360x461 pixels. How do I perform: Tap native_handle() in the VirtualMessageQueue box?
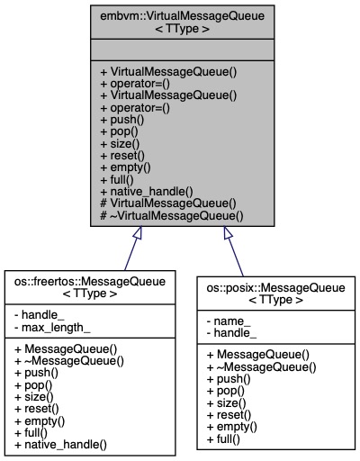click(145, 192)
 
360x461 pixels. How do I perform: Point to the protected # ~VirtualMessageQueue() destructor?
click(171, 216)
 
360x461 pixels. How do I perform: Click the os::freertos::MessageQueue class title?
click(88, 288)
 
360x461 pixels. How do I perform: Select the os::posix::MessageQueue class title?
click(271, 294)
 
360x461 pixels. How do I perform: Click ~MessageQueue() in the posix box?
click(261, 366)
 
